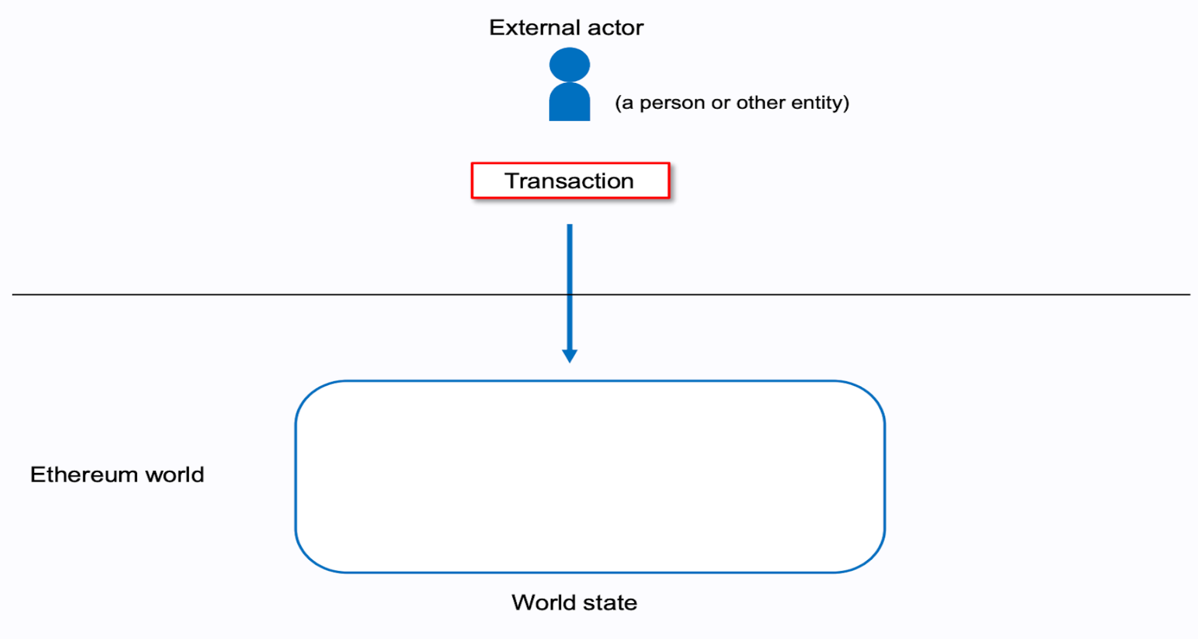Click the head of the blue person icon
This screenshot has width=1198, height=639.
coord(569,64)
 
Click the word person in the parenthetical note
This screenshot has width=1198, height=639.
coord(672,103)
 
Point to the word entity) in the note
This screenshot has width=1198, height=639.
coord(820,103)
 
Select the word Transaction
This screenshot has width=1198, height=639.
coord(569,181)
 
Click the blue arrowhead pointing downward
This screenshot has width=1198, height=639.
coord(569,356)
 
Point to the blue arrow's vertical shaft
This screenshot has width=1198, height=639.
coord(569,260)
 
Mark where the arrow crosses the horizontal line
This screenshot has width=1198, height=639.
coord(569,295)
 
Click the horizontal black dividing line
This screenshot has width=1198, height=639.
coord(247,295)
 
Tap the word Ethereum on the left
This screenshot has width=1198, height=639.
coord(84,475)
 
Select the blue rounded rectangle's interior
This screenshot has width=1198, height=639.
coord(590,476)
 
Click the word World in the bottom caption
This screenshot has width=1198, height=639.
coord(540,603)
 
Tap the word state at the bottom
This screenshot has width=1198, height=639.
coord(609,603)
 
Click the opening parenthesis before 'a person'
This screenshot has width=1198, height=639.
coord(618,103)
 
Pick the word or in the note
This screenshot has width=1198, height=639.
coord(720,103)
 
